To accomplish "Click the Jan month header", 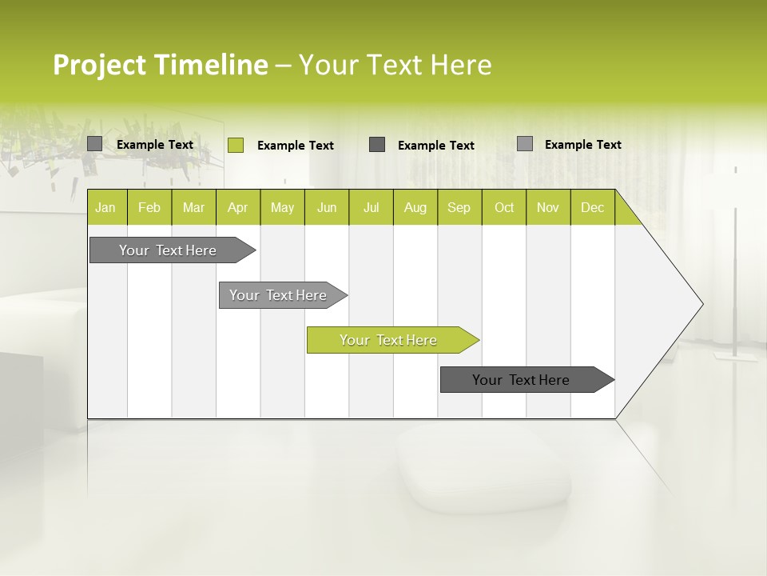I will (x=105, y=208).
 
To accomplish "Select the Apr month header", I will (x=237, y=208).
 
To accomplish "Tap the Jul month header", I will (x=371, y=208).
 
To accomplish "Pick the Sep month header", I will (x=459, y=208).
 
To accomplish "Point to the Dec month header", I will (x=592, y=208).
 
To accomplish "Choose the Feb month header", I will (x=149, y=208).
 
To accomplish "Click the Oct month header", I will (x=504, y=208).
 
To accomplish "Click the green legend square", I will (x=235, y=145).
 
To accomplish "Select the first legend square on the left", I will (x=94, y=144).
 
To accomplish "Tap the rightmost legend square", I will (x=524, y=144).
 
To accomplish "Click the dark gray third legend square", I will (x=377, y=144).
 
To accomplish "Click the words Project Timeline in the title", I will (x=160, y=65).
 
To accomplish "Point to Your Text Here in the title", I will (x=395, y=65).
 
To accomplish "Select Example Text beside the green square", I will (x=295, y=146).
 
